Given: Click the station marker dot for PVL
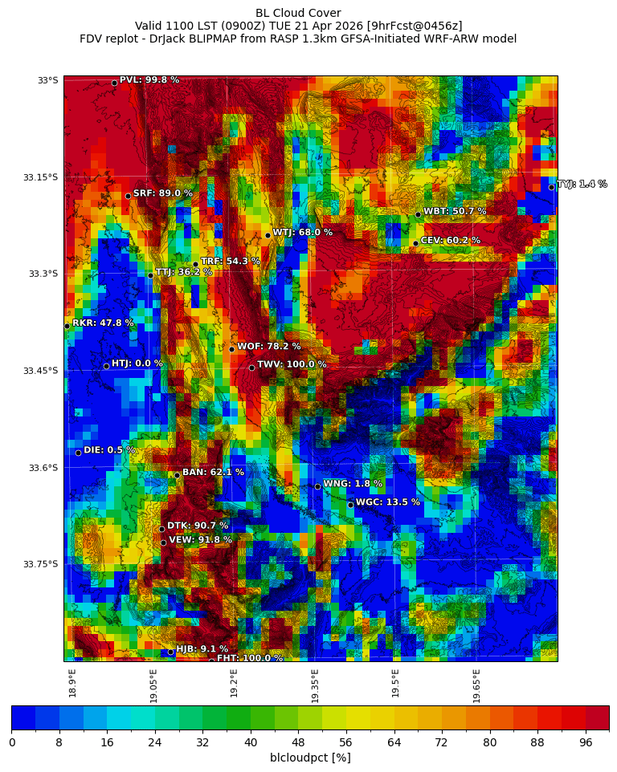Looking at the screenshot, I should pos(114,83).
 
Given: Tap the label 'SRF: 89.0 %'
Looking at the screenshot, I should pos(162,193).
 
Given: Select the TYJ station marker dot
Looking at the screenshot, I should pos(551,187).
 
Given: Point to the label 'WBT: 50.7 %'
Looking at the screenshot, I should pos(455,211).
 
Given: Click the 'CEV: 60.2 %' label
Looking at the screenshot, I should pos(450,240).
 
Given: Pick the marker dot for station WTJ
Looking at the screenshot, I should pos(268,235).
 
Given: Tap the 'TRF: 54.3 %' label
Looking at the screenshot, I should pos(230,261).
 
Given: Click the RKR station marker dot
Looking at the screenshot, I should pos(67,326).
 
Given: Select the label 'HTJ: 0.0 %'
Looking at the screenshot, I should pos(137,364).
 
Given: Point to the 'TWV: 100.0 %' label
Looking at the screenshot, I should pos(292,364).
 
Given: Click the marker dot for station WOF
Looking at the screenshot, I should pos(231,349).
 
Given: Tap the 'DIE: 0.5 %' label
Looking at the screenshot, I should pos(109,450).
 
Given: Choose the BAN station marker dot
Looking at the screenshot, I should pos(177,475).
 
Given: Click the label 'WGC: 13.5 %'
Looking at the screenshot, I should pos(387,502).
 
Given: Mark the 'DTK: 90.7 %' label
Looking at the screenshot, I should pos(197,526).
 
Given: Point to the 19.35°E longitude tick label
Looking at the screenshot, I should pos(315,686).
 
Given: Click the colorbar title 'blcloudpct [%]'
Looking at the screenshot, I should pos(310,758).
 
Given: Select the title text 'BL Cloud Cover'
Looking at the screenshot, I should pos(298,13).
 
